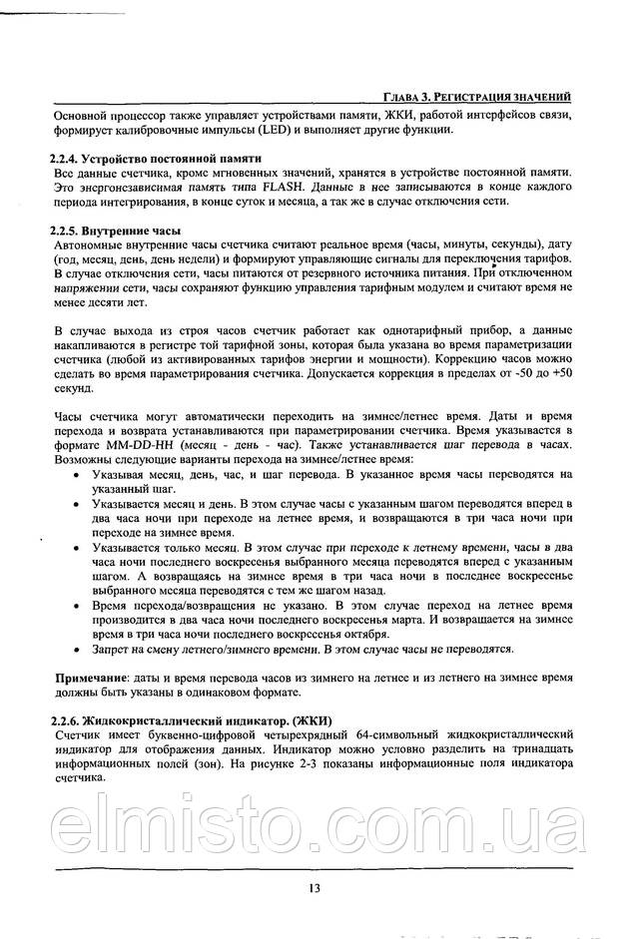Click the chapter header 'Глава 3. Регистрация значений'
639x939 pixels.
click(x=476, y=97)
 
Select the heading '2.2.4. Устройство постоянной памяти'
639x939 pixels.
click(x=156, y=158)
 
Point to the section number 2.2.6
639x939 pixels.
click(x=70, y=720)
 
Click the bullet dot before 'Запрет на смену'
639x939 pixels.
click(x=78, y=650)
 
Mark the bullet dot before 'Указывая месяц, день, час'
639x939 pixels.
click(x=78, y=475)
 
